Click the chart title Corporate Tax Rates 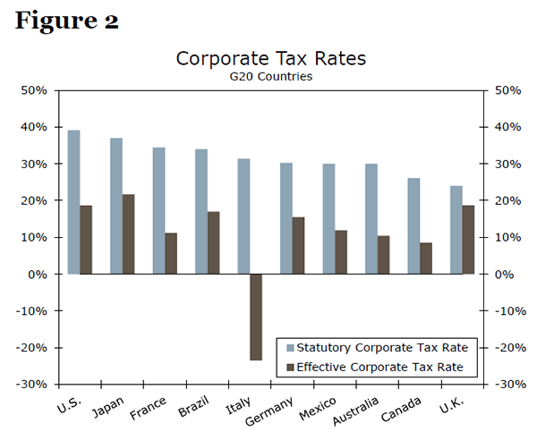tap(270, 59)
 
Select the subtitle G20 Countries tap(270, 77)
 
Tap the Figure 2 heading tap(67, 21)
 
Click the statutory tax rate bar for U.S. tap(73, 202)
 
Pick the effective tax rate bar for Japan tap(129, 234)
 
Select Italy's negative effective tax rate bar tap(256, 317)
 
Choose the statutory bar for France tap(158, 211)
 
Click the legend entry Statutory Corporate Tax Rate tap(381, 347)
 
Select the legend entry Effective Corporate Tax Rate tap(381, 367)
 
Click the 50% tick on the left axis tap(34, 90)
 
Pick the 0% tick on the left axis tap(38, 275)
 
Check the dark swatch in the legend tap(288, 367)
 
